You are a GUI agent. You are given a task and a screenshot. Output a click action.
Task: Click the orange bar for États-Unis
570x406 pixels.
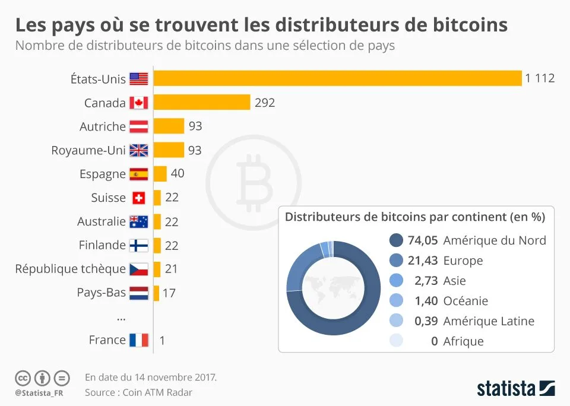click(x=337, y=78)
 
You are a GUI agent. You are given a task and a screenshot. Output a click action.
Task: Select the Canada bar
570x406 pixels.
click(x=201, y=102)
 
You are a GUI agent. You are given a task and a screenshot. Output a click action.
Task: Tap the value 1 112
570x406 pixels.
click(x=539, y=78)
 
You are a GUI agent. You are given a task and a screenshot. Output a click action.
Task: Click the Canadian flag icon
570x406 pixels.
click(x=138, y=103)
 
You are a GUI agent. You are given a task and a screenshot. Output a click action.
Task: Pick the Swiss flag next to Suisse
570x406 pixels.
click(x=138, y=198)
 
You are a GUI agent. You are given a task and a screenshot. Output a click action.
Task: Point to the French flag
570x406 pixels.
click(x=138, y=340)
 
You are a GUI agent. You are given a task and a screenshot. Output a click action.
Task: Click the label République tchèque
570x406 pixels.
click(x=70, y=269)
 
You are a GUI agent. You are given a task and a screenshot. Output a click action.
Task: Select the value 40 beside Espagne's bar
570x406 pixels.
click(x=177, y=174)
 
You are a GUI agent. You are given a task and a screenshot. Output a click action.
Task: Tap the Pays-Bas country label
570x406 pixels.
click(x=101, y=293)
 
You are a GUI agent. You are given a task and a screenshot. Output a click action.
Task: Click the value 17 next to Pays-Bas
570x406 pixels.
click(x=169, y=293)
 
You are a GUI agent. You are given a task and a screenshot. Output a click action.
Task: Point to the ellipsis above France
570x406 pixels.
click(x=121, y=318)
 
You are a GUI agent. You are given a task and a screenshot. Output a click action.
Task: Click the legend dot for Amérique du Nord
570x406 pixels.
click(x=395, y=240)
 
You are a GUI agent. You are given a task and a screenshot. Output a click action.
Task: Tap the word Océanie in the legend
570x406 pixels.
click(x=465, y=301)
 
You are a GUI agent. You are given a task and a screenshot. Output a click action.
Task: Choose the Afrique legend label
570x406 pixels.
click(x=463, y=341)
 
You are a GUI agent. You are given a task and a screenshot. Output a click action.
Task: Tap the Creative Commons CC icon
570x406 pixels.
click(x=23, y=378)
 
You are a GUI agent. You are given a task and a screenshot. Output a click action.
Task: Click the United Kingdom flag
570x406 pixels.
click(x=138, y=150)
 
